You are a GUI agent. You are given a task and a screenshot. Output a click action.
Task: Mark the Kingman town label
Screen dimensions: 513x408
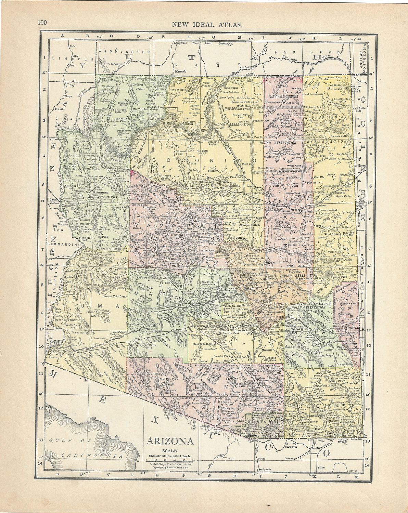[100, 192]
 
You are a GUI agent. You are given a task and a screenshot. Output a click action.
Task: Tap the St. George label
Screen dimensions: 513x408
[114, 64]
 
